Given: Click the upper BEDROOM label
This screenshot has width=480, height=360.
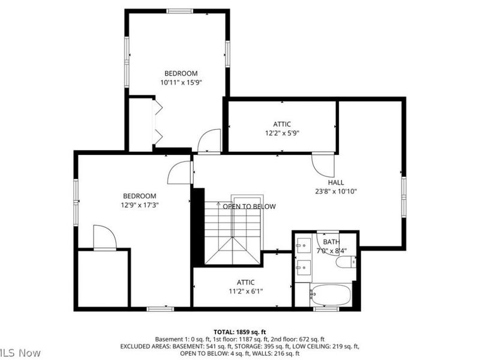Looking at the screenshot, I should coord(181,74).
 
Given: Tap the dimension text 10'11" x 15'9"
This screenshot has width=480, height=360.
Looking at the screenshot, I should coord(181,83).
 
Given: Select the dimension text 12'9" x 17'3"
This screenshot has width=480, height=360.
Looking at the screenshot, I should coord(140,205).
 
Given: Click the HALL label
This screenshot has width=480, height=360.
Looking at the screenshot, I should coord(336,182).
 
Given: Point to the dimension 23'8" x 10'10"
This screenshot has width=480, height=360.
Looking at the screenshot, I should coord(336,192).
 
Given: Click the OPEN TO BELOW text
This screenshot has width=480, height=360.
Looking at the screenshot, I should coord(249,206).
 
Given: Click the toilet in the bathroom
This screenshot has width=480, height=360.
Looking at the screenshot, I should coord(346,262).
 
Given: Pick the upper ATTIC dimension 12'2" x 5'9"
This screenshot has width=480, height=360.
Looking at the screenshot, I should coord(282,133).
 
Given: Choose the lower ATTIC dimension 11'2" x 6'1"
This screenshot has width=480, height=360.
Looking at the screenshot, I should coord(245,292).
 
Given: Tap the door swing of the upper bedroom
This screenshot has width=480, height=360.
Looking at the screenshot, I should coord(209,141).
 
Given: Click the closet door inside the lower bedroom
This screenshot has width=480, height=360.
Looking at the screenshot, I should coord(104,238).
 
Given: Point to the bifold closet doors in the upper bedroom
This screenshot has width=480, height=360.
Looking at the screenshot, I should coord(158,122).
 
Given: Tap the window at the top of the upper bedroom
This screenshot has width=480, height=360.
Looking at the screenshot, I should coord(179,11).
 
